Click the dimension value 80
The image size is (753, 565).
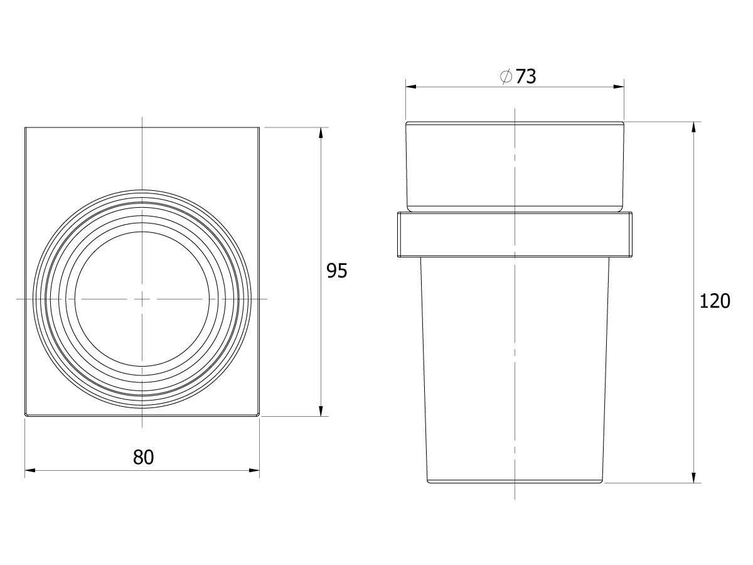[x=143, y=457]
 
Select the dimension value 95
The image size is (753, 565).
[x=336, y=271]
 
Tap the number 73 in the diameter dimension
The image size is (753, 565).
[x=526, y=77]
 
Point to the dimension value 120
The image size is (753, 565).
[x=715, y=301]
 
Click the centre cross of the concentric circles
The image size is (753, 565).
[x=143, y=299]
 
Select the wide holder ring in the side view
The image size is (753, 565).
[x=515, y=235]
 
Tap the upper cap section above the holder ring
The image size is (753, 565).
[x=515, y=164]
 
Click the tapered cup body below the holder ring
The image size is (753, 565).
[x=515, y=370]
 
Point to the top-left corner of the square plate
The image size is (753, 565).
[x=25, y=127]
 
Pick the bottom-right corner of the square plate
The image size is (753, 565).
[x=259, y=416]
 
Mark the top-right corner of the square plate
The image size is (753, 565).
[x=259, y=127]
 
